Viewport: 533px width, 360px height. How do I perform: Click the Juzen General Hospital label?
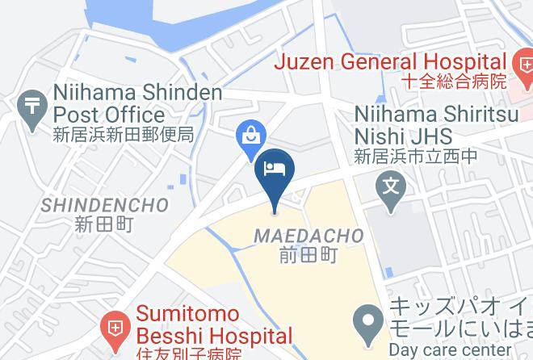coord(390,61)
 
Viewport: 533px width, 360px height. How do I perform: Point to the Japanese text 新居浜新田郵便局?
coord(124,134)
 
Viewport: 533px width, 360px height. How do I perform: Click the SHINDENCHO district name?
coord(105,205)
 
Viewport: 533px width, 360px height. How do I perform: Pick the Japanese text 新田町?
coord(103,224)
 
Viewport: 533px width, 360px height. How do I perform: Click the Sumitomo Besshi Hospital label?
coord(213,324)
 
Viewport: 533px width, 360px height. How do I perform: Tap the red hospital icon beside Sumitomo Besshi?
coord(114,326)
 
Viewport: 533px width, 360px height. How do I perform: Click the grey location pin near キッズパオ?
coord(371,318)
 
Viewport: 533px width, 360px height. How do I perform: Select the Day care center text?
coord(450,350)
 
